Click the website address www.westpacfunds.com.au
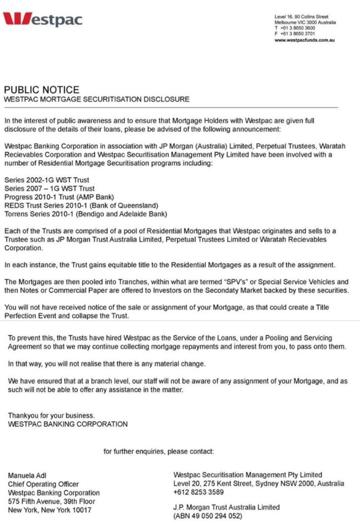(305, 40)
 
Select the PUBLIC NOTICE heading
(41, 90)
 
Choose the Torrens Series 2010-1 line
(85, 214)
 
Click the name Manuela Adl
(27, 476)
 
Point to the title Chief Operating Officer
(43, 484)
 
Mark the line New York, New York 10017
(49, 510)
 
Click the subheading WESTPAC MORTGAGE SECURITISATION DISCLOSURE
(96, 99)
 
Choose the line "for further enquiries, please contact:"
(159, 451)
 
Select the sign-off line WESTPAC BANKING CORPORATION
(68, 424)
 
